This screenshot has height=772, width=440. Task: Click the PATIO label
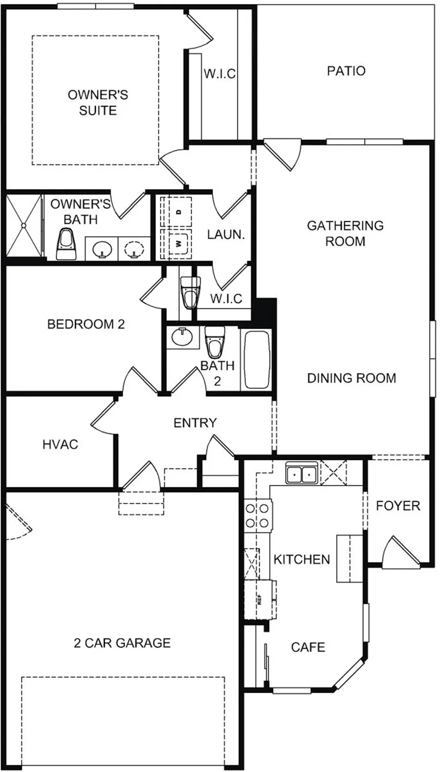click(x=346, y=71)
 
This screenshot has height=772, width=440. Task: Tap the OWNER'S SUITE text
click(x=98, y=102)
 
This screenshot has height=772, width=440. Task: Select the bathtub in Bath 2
click(x=257, y=360)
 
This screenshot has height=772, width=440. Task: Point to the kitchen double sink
click(x=301, y=474)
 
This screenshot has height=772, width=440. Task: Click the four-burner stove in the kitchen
click(x=257, y=516)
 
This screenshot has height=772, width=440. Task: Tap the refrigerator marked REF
click(x=260, y=600)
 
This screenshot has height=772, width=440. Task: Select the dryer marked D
click(x=178, y=212)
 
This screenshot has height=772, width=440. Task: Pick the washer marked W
click(x=178, y=243)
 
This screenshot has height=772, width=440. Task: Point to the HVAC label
click(x=60, y=444)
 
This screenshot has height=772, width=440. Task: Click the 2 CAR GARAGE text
click(x=122, y=642)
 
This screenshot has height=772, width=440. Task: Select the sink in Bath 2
click(x=182, y=338)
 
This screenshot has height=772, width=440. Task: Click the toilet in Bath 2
click(x=214, y=342)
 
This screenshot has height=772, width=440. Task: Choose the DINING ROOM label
click(x=351, y=378)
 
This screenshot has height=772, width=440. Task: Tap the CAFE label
click(x=308, y=647)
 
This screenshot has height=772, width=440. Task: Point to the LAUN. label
click(x=226, y=235)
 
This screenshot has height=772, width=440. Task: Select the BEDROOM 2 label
click(x=86, y=324)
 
